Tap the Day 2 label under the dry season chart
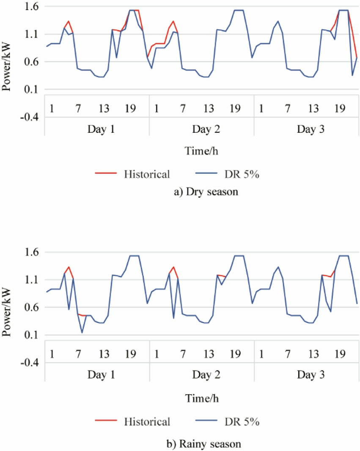point(202,129)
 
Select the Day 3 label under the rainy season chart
point(306,374)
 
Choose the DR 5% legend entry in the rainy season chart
point(245,421)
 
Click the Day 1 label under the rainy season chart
point(97,374)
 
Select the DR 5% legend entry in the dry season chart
point(245,174)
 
